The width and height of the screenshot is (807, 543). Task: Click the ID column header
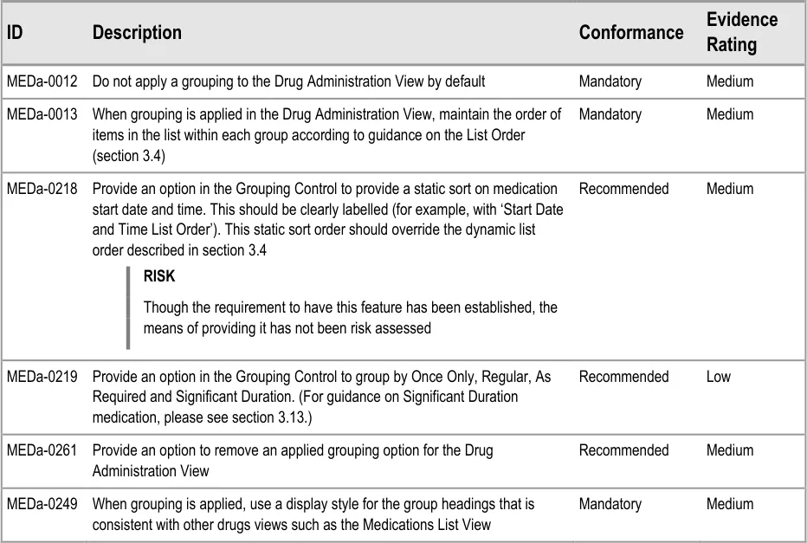point(15,33)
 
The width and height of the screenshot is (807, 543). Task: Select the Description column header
point(137,33)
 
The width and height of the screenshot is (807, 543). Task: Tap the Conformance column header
point(630,33)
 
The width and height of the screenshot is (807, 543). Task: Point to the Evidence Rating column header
point(741,32)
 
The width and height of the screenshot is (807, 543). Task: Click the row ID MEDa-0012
point(42,81)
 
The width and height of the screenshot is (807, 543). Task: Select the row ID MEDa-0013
point(42,114)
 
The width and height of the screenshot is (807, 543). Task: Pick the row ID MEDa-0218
point(42,189)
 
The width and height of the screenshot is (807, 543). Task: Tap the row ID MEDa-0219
point(42,377)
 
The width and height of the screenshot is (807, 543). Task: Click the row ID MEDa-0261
point(42,450)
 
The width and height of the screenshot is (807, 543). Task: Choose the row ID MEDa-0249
point(42,504)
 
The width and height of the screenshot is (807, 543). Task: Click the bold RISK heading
point(159,277)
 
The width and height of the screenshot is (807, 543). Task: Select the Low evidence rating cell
point(718,377)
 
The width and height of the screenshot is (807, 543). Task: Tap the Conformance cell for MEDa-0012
point(610,81)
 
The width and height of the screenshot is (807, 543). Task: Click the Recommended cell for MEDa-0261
point(623,450)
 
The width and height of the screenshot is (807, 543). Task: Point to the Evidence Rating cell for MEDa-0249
point(729,504)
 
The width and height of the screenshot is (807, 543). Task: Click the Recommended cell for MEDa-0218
point(623,189)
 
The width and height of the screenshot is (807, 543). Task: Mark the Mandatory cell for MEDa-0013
point(610,114)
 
